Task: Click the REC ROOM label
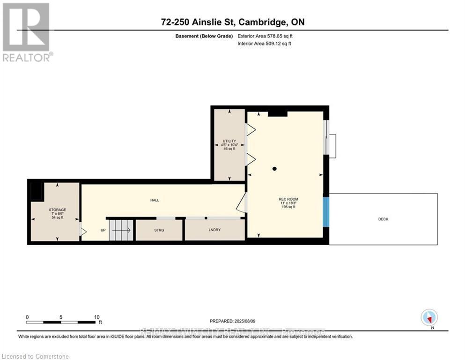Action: [288, 199]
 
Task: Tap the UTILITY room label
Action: [229, 141]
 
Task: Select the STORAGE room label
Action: [57, 210]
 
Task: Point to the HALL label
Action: [155, 200]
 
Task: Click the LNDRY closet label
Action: [215, 230]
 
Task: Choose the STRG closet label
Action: [159, 230]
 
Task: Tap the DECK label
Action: [383, 219]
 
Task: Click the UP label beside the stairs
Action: [103, 230]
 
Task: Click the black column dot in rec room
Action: [275, 169]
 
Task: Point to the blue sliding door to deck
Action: [326, 211]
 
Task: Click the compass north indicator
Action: [429, 318]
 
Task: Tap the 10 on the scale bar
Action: [96, 317]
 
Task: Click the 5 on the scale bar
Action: [61, 317]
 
